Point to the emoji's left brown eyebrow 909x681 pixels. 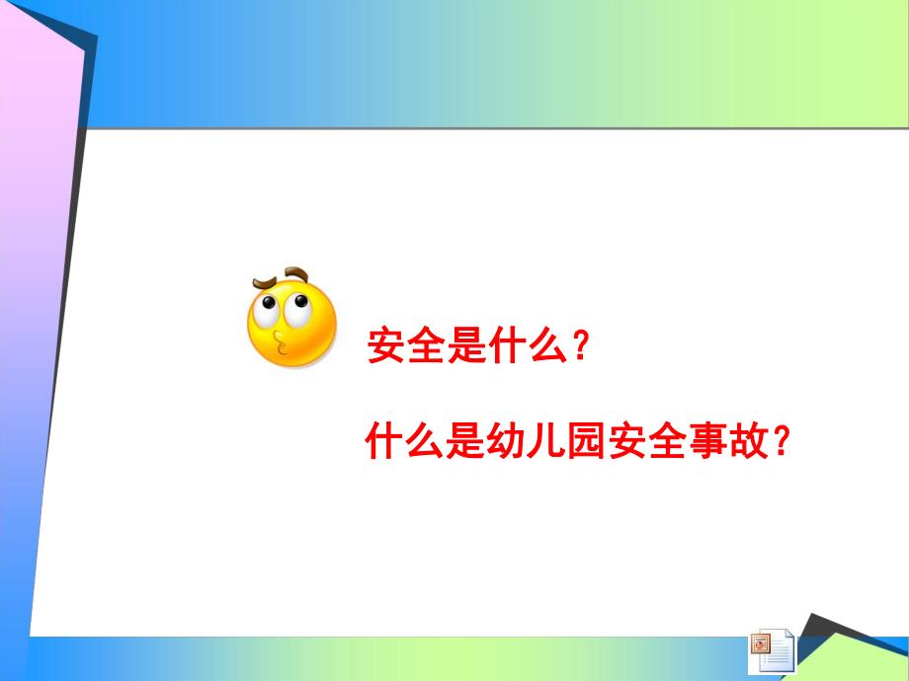[264, 283]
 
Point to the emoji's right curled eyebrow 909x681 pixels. [296, 273]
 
